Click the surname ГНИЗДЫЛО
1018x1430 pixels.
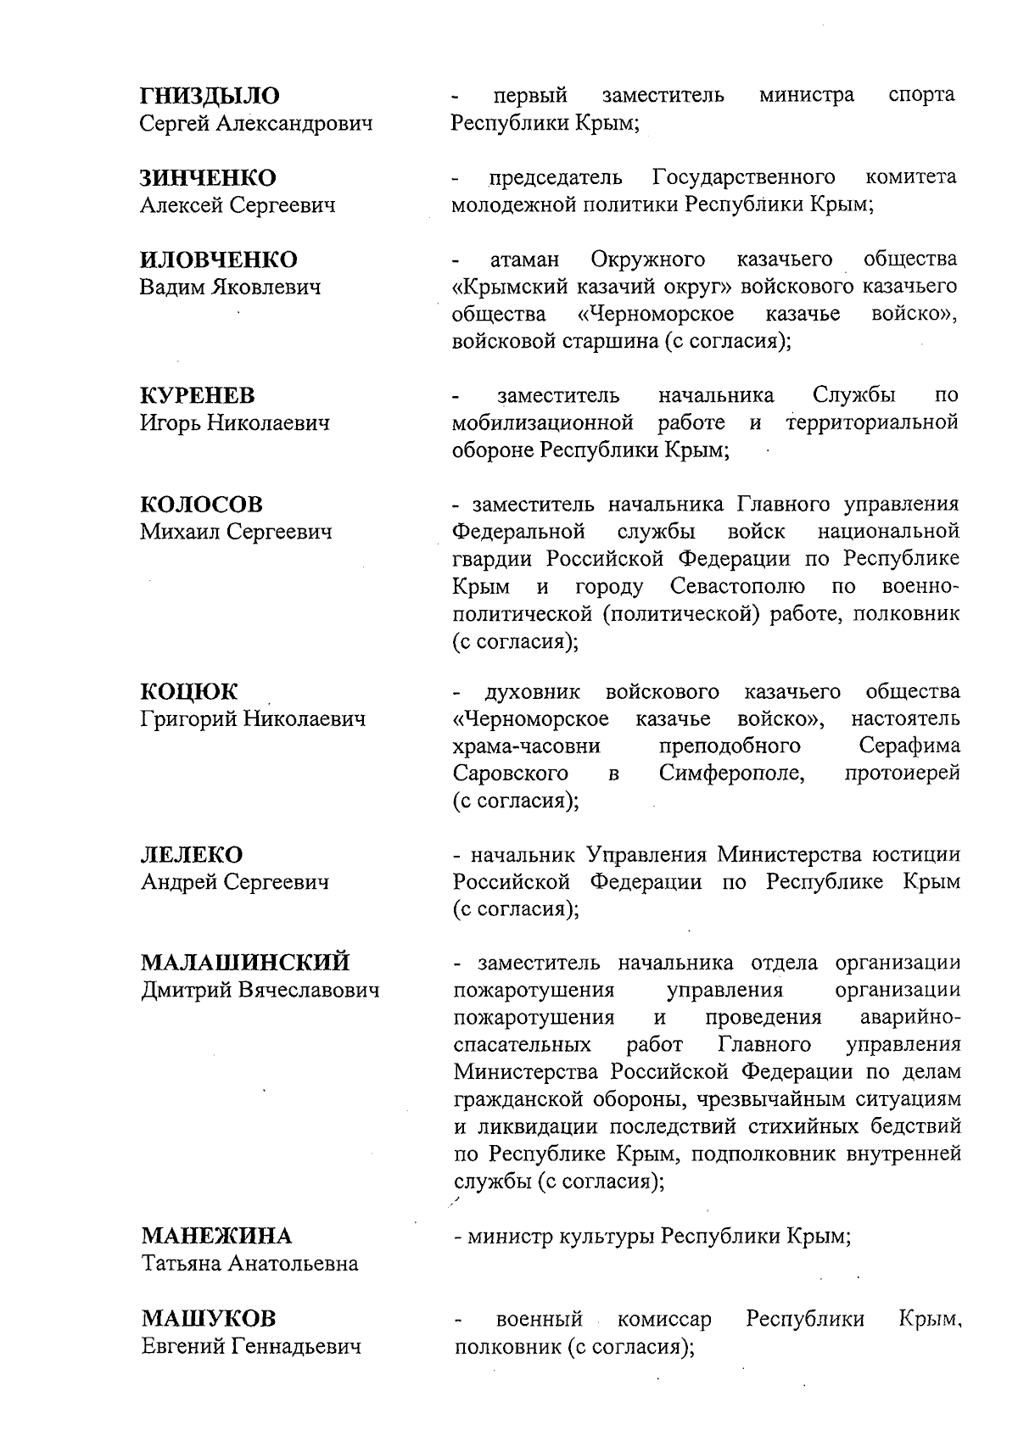coord(210,96)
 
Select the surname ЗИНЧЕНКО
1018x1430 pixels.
coord(208,178)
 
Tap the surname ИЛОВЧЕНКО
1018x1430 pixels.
coord(219,260)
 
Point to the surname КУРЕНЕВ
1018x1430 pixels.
coord(198,395)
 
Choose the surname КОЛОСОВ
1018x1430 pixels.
coord(202,505)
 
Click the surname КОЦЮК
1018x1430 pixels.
coord(189,692)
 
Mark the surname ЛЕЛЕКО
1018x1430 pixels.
coord(192,855)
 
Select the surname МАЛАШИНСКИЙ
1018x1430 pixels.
coord(245,964)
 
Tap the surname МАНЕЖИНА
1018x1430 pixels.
coord(216,1236)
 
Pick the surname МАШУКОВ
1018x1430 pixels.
coord(209,1319)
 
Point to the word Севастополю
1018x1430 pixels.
coord(737,586)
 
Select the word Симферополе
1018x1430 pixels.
coord(731,774)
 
